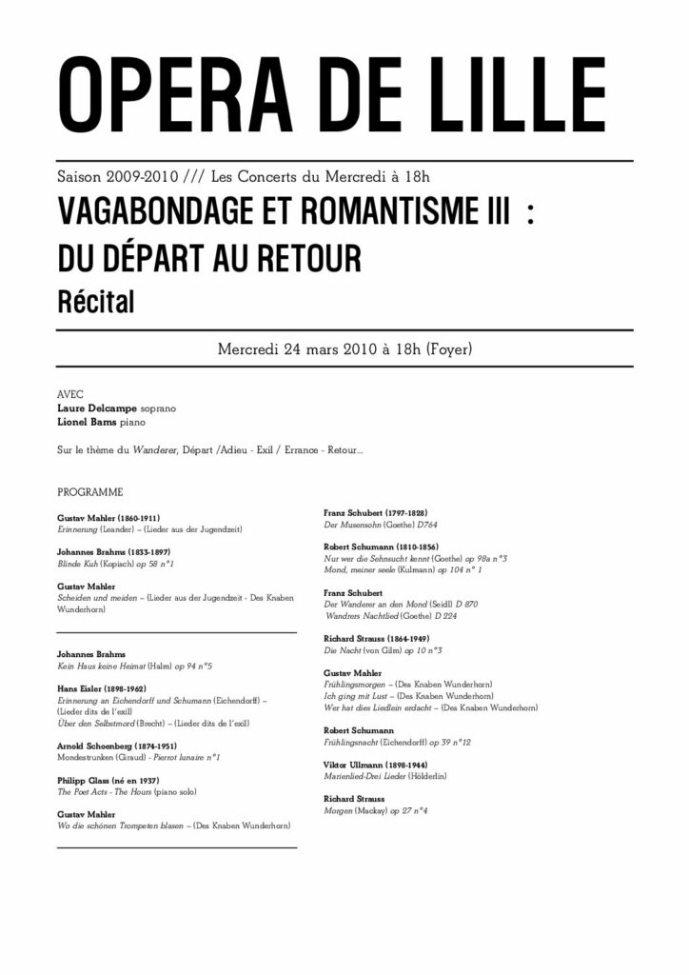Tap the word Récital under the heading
coord(96,303)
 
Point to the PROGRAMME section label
coord(90,493)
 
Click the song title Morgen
coord(339,810)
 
